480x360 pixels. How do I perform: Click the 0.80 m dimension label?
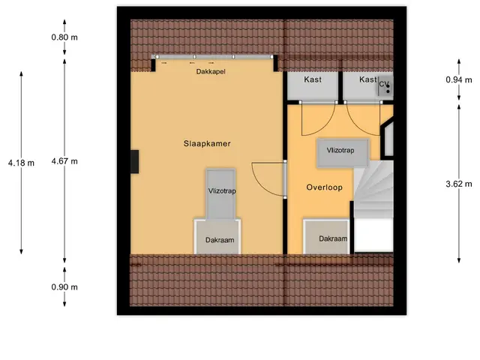point(64,37)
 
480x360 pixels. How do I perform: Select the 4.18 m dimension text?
point(21,163)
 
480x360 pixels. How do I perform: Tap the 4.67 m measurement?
point(64,161)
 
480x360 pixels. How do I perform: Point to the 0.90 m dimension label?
point(64,287)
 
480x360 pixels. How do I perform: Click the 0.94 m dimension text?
point(458,80)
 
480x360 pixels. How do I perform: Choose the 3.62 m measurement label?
point(458,184)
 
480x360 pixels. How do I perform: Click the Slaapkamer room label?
point(207,143)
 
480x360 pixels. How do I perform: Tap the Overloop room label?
point(324,187)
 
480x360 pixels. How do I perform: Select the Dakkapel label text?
point(211,72)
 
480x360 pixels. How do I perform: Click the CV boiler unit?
point(385,86)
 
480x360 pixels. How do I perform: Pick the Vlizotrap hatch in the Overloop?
point(343,153)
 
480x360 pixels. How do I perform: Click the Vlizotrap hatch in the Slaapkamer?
point(220,193)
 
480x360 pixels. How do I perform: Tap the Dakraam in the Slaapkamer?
point(217,237)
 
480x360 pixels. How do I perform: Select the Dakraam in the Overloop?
point(326,237)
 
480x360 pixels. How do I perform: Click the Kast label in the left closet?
point(313,79)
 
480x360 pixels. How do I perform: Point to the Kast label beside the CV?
point(367,79)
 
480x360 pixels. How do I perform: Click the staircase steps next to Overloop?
point(373,189)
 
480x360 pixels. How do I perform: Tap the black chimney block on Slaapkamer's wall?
point(135,162)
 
